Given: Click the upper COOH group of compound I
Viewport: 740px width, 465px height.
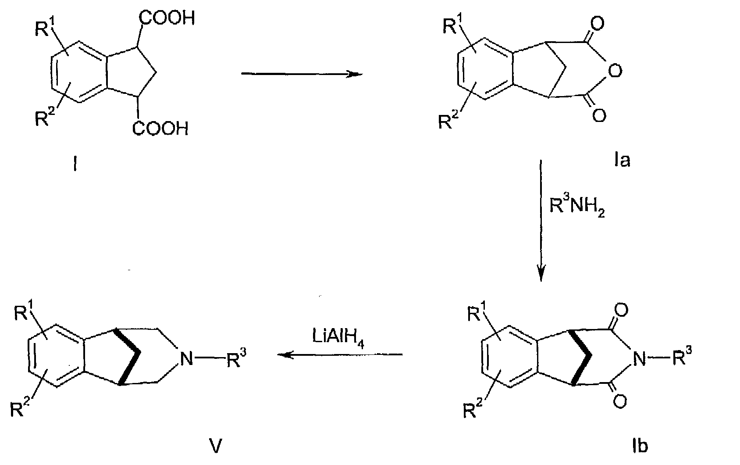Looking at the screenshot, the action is click(x=167, y=18).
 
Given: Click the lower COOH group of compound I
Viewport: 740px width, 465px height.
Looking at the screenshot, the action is click(x=160, y=129).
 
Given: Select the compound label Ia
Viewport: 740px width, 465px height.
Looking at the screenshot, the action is click(x=622, y=160).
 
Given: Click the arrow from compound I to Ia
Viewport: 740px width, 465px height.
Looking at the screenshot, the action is click(x=302, y=74).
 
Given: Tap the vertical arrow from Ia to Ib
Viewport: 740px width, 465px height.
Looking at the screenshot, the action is click(x=541, y=221).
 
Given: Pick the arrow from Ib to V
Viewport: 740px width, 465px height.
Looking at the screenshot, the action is click(x=340, y=354).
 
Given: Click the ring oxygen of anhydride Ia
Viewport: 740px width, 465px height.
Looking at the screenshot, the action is click(x=615, y=71).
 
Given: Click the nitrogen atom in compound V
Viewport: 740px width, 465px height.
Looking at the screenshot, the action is click(x=186, y=358).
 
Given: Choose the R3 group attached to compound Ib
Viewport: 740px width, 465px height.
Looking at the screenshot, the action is click(x=682, y=356).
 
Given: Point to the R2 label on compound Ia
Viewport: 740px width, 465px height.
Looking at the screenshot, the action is click(x=449, y=120).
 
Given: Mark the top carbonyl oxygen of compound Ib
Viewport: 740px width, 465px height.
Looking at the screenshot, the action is click(x=621, y=311).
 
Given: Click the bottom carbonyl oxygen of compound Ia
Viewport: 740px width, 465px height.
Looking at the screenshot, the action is click(x=599, y=116).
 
